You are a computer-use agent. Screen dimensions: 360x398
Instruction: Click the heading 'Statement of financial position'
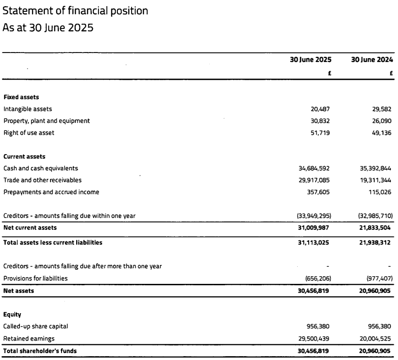pyautogui.click(x=75, y=10)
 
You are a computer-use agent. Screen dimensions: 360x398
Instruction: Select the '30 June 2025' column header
pyautogui.click(x=310, y=60)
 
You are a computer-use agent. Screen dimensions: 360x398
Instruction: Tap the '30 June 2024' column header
pyautogui.click(x=372, y=60)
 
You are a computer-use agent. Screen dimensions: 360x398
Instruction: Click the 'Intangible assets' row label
pyautogui.click(x=27, y=109)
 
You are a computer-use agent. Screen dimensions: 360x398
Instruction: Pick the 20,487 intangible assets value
pyautogui.click(x=320, y=109)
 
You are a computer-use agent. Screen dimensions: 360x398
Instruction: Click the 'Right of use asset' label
pyautogui.click(x=29, y=132)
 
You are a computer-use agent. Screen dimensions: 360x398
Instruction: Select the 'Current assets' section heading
pyautogui.click(x=24, y=156)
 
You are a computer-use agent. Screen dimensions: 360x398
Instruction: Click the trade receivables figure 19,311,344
pyautogui.click(x=373, y=180)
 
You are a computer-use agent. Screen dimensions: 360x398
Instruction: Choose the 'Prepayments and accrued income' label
pyautogui.click(x=51, y=192)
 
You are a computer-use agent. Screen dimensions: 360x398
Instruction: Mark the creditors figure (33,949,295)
pyautogui.click(x=310, y=216)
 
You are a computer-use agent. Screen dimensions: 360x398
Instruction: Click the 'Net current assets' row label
pyautogui.click(x=30, y=228)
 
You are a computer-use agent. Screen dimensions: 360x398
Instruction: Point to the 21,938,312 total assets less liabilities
pyautogui.click(x=373, y=243)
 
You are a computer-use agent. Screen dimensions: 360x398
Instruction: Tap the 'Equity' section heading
pyautogui.click(x=12, y=314)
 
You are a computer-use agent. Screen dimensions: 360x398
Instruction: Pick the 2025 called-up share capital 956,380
pyautogui.click(x=318, y=326)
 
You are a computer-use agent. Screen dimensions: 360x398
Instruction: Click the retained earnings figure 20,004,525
pyautogui.click(x=373, y=338)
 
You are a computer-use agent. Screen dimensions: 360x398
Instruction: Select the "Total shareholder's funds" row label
pyautogui.click(x=40, y=351)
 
